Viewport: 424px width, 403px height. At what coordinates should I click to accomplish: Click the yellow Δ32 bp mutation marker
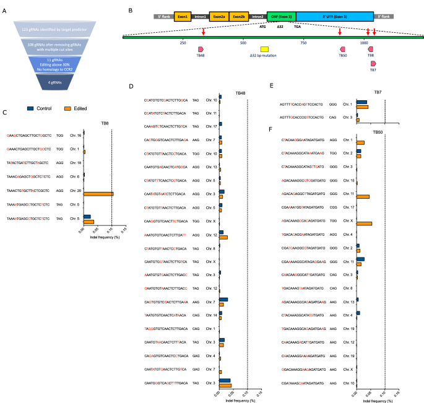pos(264,48)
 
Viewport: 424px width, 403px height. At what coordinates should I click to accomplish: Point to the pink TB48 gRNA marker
pos(201,48)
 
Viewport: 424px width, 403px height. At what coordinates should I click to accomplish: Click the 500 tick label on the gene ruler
pos(243,43)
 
